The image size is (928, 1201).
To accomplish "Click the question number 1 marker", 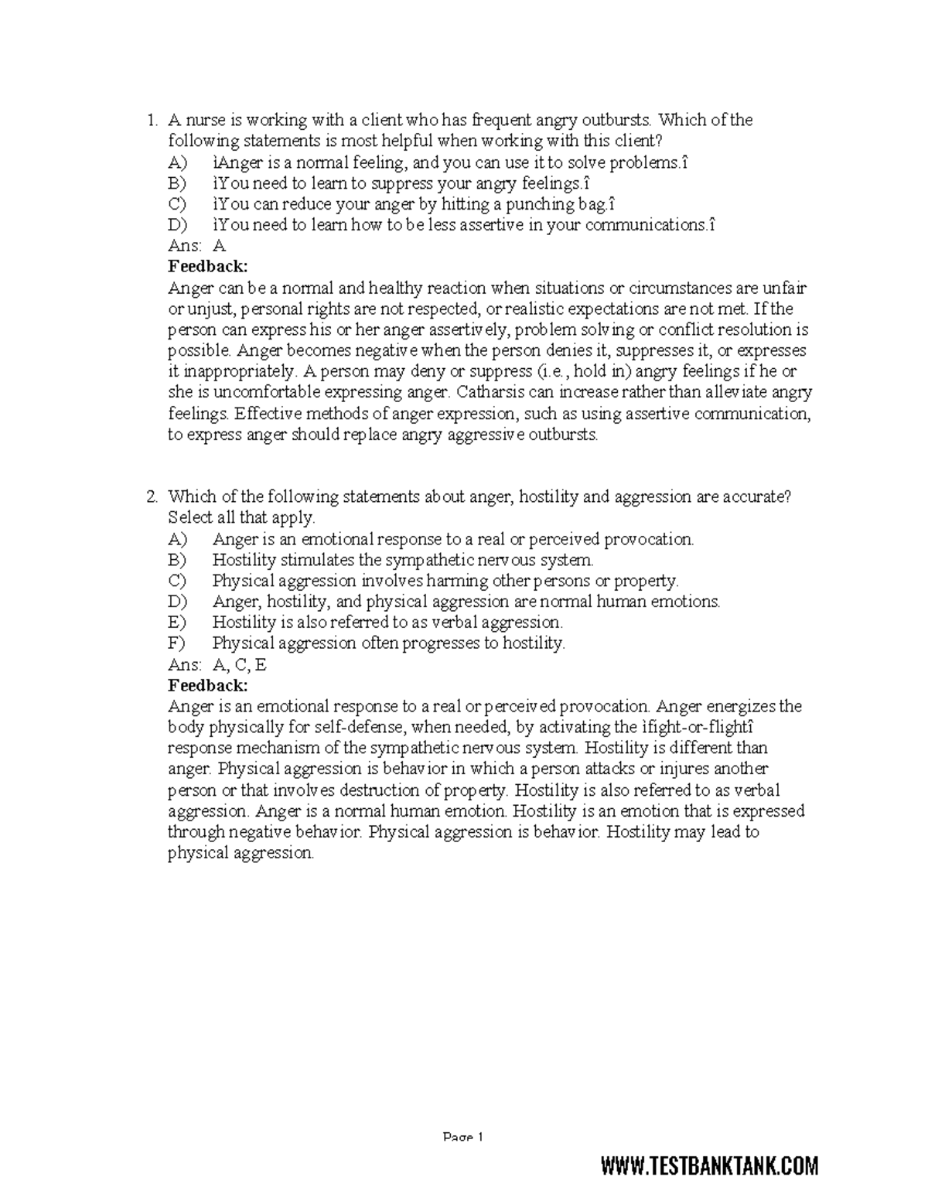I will pyautogui.click(x=152, y=120).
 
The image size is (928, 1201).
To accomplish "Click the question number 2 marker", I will pyautogui.click(x=152, y=496).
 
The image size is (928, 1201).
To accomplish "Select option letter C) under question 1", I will pyautogui.click(x=177, y=204).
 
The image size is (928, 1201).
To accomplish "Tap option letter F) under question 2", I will pyautogui.click(x=177, y=643).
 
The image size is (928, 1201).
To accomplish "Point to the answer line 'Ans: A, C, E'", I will pyautogui.click(x=217, y=664).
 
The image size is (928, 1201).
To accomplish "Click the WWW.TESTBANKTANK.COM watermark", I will pyautogui.click(x=709, y=1165).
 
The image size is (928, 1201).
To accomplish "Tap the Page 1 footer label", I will pyautogui.click(x=462, y=1138).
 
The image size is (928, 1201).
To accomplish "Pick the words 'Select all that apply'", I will pyautogui.click(x=241, y=517).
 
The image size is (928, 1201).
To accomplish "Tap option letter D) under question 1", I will pyautogui.click(x=178, y=225).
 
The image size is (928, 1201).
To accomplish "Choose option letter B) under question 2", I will pyautogui.click(x=177, y=560).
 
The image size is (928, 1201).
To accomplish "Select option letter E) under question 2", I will pyautogui.click(x=177, y=623).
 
